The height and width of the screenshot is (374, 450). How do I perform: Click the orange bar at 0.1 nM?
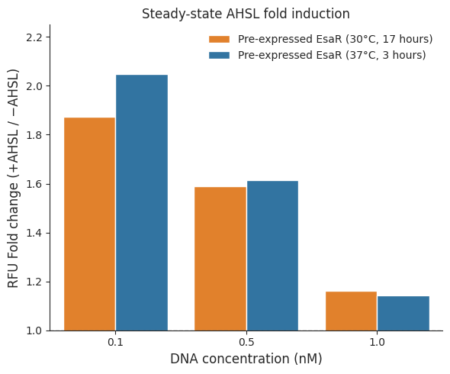click(89, 224)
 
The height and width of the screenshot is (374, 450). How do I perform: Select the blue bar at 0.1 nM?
click(142, 203)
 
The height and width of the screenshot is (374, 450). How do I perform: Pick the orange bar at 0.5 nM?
click(220, 259)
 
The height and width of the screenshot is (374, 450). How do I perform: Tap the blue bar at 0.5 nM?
click(272, 256)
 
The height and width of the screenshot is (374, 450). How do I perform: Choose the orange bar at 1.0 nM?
click(351, 311)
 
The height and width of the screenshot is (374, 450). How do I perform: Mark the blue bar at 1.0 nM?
click(403, 314)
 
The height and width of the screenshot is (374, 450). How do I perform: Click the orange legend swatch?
click(219, 40)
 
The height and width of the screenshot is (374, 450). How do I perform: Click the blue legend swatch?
click(219, 55)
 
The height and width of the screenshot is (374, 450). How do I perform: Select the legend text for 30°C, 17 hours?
click(335, 39)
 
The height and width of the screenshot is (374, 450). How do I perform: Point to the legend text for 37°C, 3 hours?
click(332, 55)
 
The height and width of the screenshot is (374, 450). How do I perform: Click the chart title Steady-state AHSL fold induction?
click(246, 14)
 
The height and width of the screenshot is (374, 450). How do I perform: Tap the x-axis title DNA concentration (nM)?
click(246, 359)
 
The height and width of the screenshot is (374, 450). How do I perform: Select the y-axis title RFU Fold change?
click(13, 178)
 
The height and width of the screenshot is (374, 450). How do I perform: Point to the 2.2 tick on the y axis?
click(34, 37)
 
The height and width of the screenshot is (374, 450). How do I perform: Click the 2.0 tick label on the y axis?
click(34, 86)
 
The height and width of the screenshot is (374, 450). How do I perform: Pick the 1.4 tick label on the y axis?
click(34, 234)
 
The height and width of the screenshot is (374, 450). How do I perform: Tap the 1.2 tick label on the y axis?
click(34, 282)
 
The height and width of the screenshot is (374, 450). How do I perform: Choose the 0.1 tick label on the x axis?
click(115, 342)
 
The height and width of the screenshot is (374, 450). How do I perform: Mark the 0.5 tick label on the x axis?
click(246, 342)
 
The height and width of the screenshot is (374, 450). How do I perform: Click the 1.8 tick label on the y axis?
click(34, 135)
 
